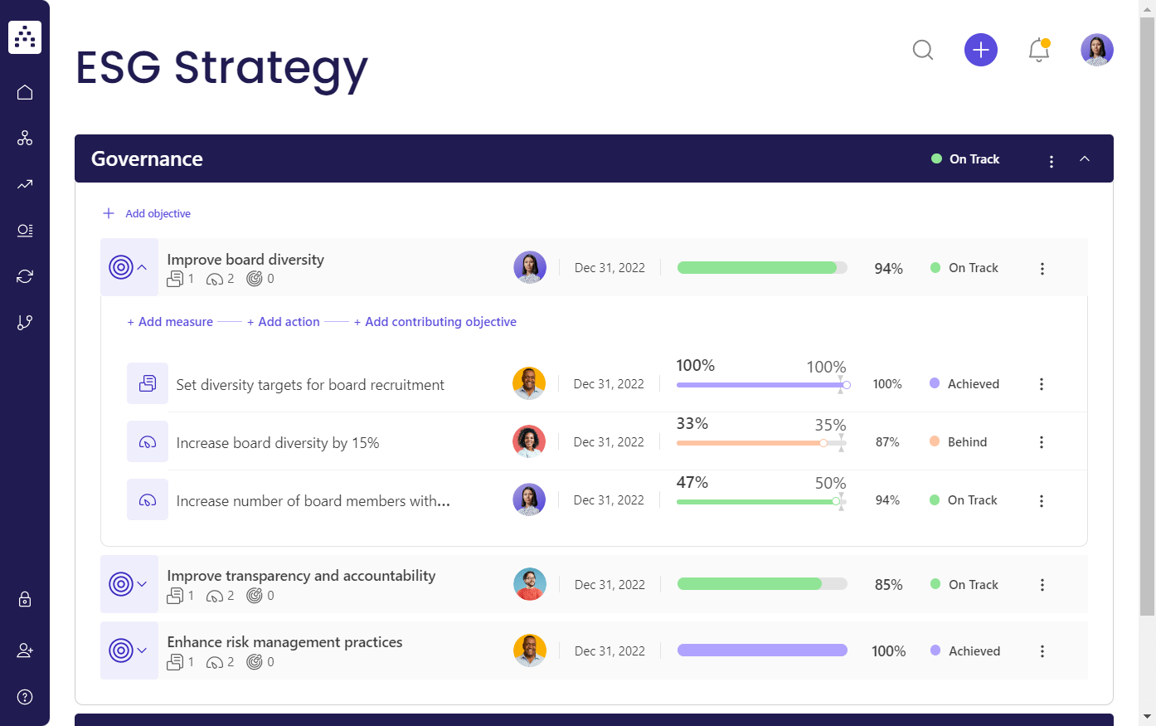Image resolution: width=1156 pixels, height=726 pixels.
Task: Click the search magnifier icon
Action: (x=923, y=51)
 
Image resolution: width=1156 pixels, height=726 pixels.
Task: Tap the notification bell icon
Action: (x=1039, y=51)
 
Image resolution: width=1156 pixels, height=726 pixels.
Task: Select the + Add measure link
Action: (x=170, y=322)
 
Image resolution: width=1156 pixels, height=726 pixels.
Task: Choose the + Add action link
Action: (x=284, y=322)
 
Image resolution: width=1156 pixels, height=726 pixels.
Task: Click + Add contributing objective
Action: (x=435, y=322)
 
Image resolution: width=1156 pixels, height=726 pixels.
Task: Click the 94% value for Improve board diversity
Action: (x=888, y=269)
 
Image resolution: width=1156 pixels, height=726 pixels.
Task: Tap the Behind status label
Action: (x=967, y=442)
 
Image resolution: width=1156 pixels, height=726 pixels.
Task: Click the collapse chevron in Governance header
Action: (x=1085, y=159)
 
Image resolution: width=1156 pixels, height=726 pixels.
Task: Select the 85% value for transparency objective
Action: (x=888, y=585)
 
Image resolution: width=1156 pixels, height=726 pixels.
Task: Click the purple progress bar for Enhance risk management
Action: (x=762, y=650)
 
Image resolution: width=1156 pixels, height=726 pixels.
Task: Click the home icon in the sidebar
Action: (x=25, y=92)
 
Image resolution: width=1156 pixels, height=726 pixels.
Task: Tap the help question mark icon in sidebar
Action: (x=25, y=697)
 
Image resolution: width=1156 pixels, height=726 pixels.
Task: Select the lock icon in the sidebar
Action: (x=25, y=599)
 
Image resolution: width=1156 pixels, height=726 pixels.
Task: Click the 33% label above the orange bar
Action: (x=692, y=424)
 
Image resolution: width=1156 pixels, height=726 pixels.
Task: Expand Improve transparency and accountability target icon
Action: (x=129, y=584)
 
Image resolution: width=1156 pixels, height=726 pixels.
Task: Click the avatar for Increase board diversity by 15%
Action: (x=529, y=442)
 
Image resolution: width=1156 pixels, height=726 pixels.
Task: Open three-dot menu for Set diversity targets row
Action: (x=1042, y=384)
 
